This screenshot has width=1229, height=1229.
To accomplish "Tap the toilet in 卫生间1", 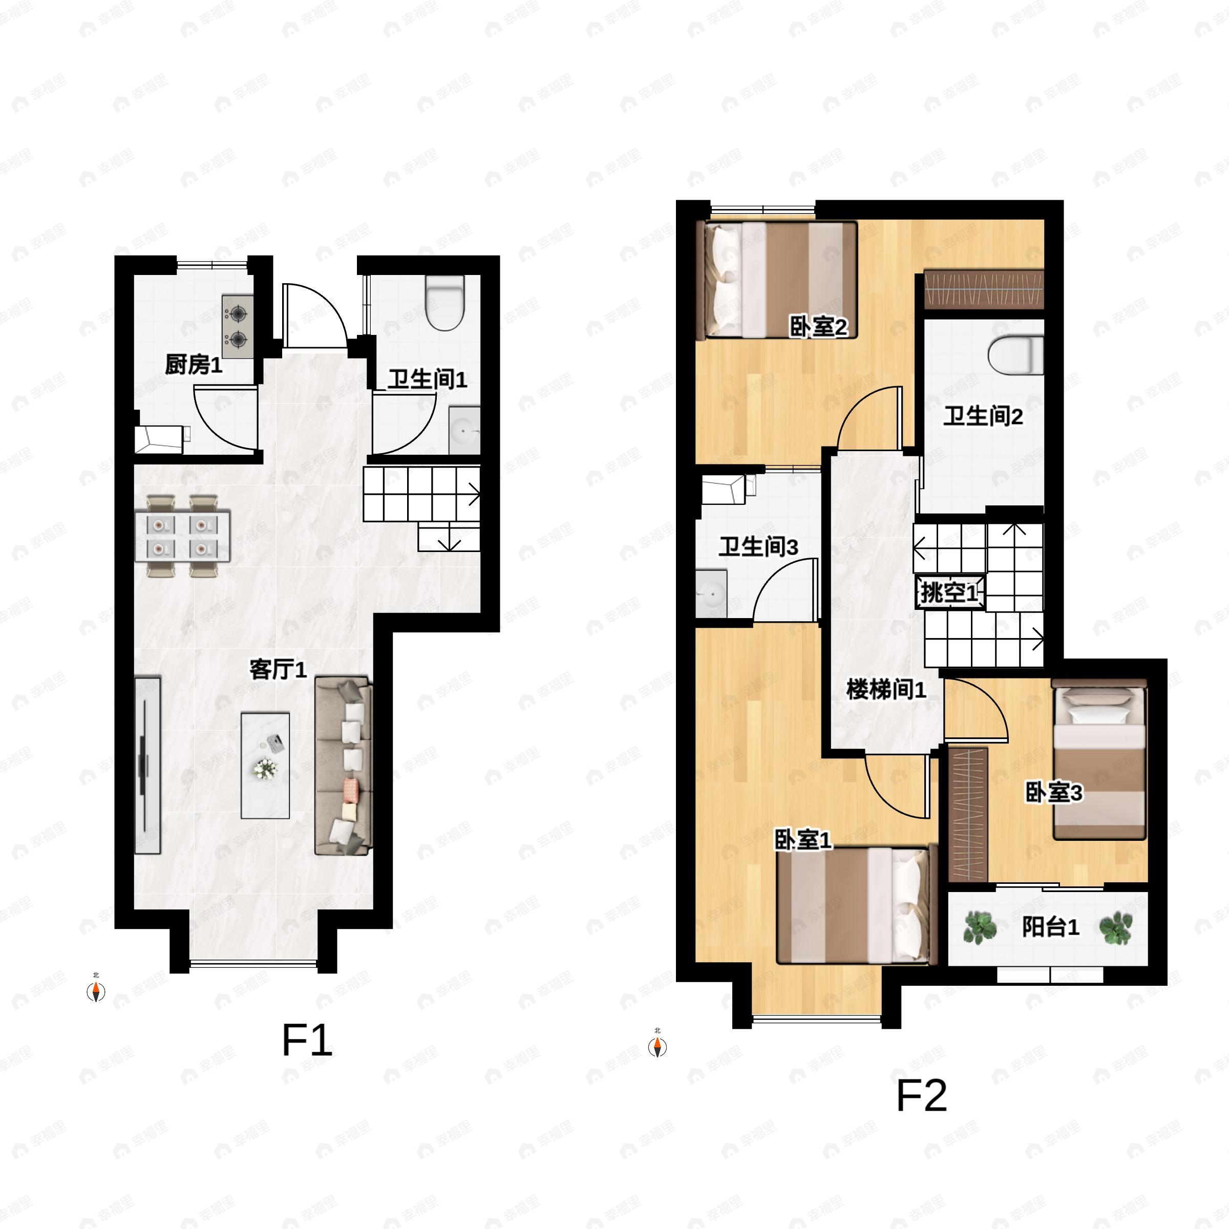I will pyautogui.click(x=444, y=304).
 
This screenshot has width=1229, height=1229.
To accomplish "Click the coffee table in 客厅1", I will pyautogui.click(x=265, y=765).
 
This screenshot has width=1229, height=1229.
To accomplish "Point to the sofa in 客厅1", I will pyautogui.click(x=344, y=765).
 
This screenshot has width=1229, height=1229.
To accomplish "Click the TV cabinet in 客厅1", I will pyautogui.click(x=147, y=765).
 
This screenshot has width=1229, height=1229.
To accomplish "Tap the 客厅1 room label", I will pyautogui.click(x=278, y=669).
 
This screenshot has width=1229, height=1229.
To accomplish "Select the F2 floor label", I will pyautogui.click(x=921, y=1095).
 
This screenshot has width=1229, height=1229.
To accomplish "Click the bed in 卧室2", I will pyautogui.click(x=779, y=280).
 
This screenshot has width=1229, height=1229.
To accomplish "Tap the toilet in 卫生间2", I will pyautogui.click(x=1016, y=355).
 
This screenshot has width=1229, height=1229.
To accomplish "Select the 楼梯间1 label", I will pyautogui.click(x=885, y=690).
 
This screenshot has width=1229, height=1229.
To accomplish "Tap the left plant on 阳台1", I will pyautogui.click(x=980, y=927).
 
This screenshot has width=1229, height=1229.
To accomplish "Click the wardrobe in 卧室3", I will pyautogui.click(x=967, y=815).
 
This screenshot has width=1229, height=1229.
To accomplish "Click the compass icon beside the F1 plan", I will pyautogui.click(x=95, y=991).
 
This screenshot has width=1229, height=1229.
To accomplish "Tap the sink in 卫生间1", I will pyautogui.click(x=464, y=431).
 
